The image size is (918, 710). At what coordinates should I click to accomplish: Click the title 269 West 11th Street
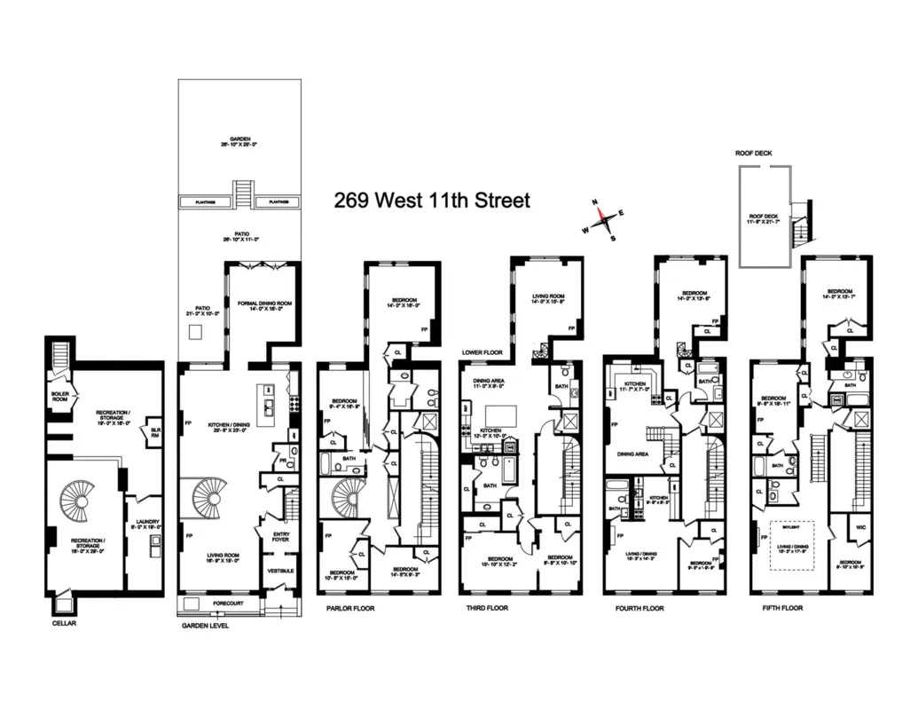[x=432, y=200]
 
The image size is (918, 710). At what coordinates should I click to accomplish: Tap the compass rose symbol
[x=602, y=217]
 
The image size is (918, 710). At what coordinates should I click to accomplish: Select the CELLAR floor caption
[x=65, y=624]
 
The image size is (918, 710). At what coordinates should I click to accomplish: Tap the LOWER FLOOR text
[x=482, y=352]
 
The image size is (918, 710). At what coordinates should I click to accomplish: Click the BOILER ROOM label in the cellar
[x=60, y=395]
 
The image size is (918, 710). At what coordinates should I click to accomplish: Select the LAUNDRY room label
[x=142, y=524]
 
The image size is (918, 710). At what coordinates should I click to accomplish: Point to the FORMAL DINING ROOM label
[x=265, y=304]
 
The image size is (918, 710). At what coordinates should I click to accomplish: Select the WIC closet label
[x=850, y=526]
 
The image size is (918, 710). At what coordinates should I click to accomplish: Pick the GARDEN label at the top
[x=237, y=141]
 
